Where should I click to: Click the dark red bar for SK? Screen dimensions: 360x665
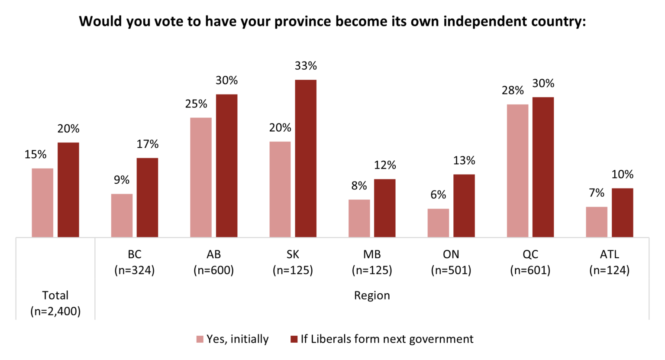pyautogui.click(x=306, y=159)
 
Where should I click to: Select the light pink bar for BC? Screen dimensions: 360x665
pyautogui.click(x=122, y=215)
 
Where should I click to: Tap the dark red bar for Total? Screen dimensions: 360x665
pyautogui.click(x=68, y=190)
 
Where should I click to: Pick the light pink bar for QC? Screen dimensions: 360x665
pyautogui.click(x=517, y=171)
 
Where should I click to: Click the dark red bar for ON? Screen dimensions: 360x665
pyautogui.click(x=464, y=206)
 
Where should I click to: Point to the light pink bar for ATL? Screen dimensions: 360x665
pyautogui.click(x=597, y=222)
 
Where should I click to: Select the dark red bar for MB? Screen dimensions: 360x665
pyautogui.click(x=385, y=208)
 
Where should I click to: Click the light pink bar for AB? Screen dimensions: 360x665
pyautogui.click(x=201, y=177)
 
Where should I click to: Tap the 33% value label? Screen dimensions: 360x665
pyautogui.click(x=306, y=66)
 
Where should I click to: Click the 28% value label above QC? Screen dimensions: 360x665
pyautogui.click(x=513, y=91)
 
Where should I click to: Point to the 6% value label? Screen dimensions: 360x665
pyautogui.click(x=438, y=195)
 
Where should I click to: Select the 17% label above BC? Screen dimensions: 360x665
pyautogui.click(x=148, y=144)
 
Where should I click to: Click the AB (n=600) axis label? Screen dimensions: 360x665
pyautogui.click(x=213, y=263)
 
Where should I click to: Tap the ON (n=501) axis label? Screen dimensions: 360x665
pyautogui.click(x=451, y=263)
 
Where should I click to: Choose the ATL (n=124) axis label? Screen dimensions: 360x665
pyautogui.click(x=609, y=263)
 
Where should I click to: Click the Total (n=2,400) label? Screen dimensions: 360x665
pyautogui.click(x=55, y=303)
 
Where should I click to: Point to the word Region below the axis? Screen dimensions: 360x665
pyautogui.click(x=372, y=295)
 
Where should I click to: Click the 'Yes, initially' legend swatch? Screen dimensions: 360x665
pyautogui.click(x=200, y=339)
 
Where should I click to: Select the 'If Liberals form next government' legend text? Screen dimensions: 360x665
pyautogui.click(x=387, y=339)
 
